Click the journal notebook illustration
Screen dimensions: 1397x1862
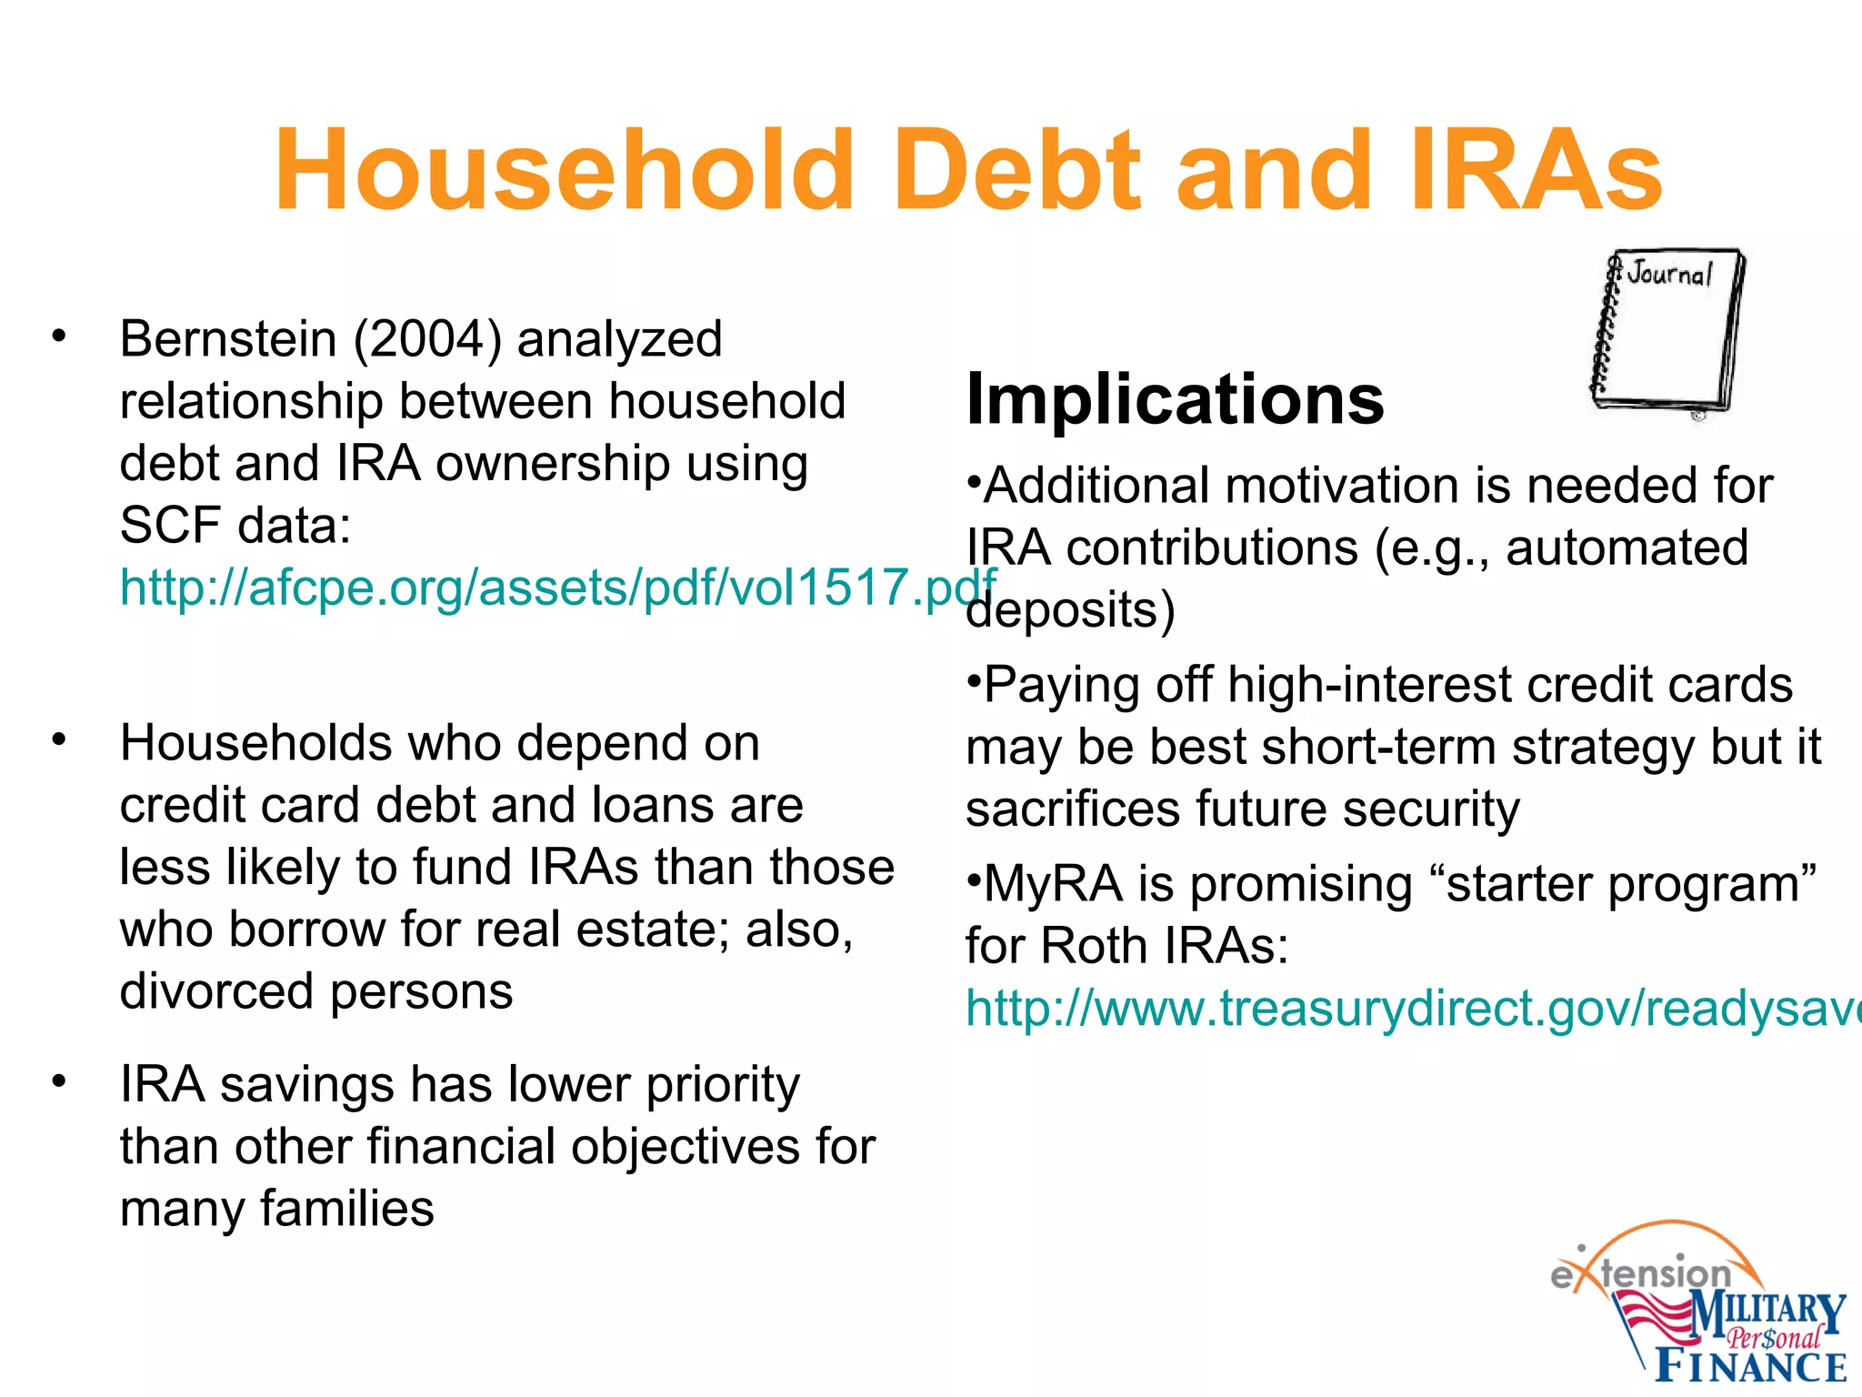pos(1667,332)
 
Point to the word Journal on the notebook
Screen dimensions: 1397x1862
pos(1670,273)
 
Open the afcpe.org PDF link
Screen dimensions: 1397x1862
pos(556,587)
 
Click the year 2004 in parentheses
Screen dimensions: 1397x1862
pos(427,339)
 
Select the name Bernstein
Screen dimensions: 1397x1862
pos(228,339)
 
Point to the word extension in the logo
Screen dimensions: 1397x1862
pos(1641,1273)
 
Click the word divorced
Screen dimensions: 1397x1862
pos(218,991)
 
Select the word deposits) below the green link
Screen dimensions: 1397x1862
pos(1070,610)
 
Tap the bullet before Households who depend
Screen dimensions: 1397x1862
pos(59,739)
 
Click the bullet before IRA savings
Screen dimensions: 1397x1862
pos(59,1081)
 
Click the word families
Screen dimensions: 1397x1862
pos(346,1209)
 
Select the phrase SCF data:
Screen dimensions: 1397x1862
pos(235,525)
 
